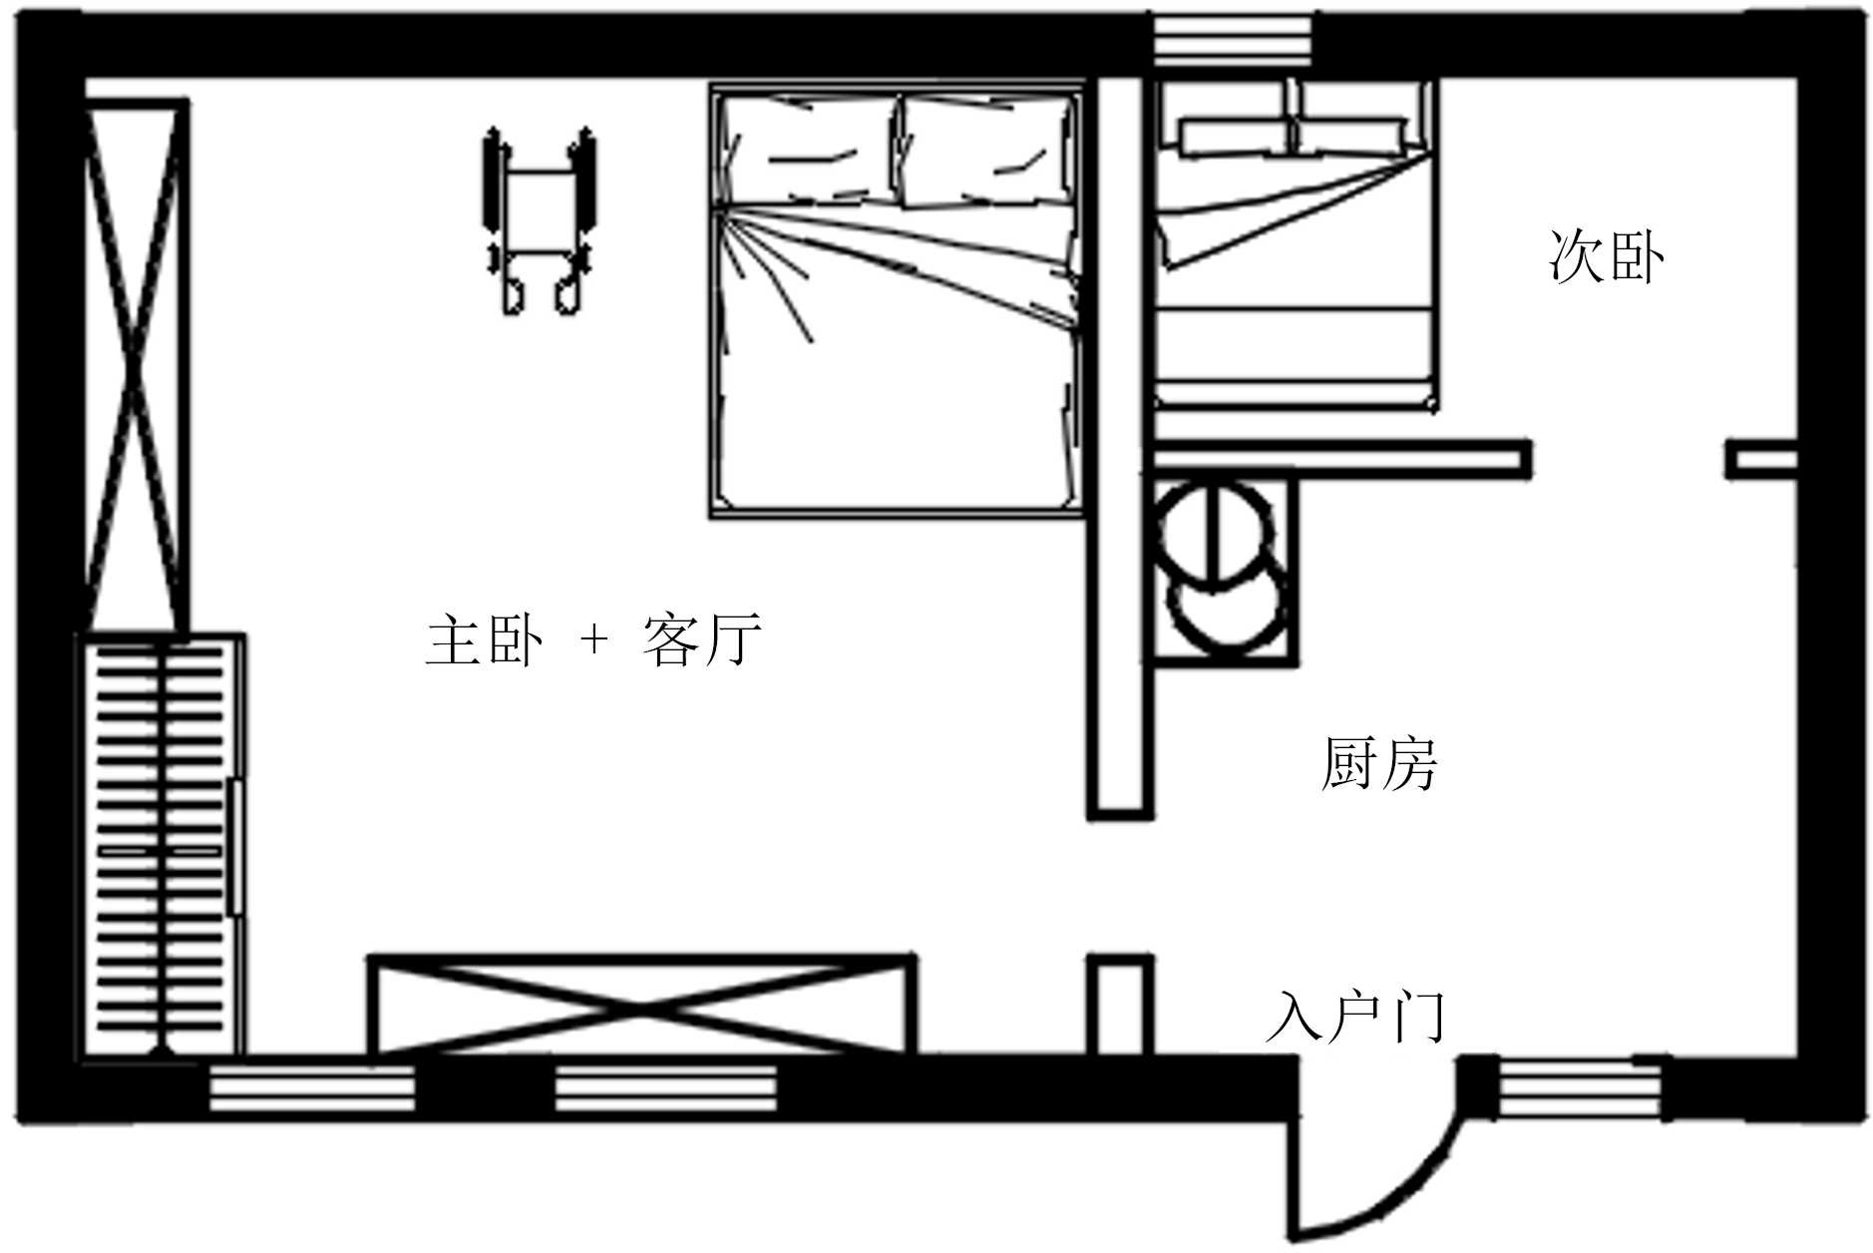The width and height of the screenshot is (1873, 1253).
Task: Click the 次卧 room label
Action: pos(1605,258)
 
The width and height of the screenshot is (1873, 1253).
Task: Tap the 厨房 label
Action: pos(1378,765)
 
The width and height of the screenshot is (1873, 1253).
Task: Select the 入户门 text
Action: pos(1355,1017)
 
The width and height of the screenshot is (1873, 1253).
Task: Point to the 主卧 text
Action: pos(485,640)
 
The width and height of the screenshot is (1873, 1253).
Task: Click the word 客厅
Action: pos(702,640)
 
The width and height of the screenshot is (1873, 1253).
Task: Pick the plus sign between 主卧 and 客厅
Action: pos(594,639)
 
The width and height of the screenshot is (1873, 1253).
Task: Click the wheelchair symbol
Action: pos(540,221)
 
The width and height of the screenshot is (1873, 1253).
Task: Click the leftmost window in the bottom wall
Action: pos(311,1088)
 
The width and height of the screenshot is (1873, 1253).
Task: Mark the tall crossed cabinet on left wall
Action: pos(136,364)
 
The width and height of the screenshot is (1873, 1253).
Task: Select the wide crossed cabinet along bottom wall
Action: pos(641,1006)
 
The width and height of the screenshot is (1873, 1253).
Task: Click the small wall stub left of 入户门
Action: pos(1119,1004)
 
